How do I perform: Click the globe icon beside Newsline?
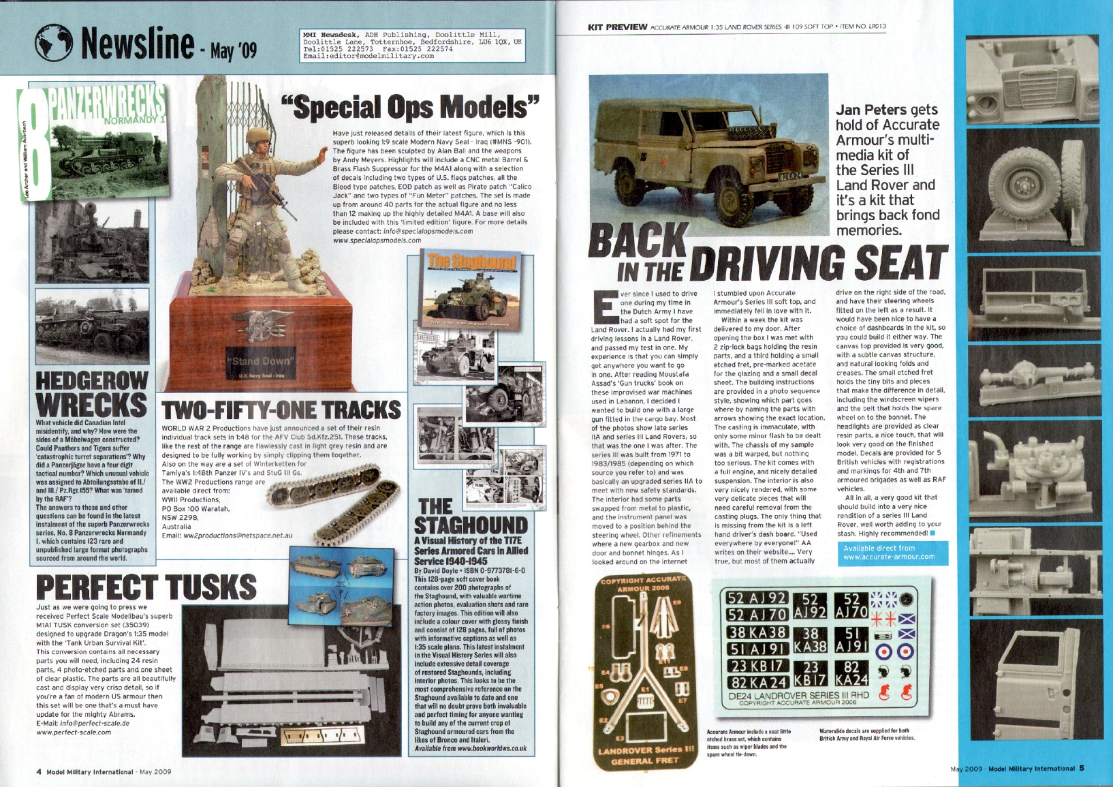(53, 43)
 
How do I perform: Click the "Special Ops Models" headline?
(411, 107)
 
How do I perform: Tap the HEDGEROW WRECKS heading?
(91, 393)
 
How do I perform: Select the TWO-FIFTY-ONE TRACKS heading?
(281, 410)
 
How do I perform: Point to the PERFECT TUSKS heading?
(146, 587)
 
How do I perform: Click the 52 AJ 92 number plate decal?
(757, 598)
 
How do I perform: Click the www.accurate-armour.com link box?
(889, 553)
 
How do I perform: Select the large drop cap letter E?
(605, 307)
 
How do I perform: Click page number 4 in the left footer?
(39, 772)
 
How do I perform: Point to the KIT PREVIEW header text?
(617, 27)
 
